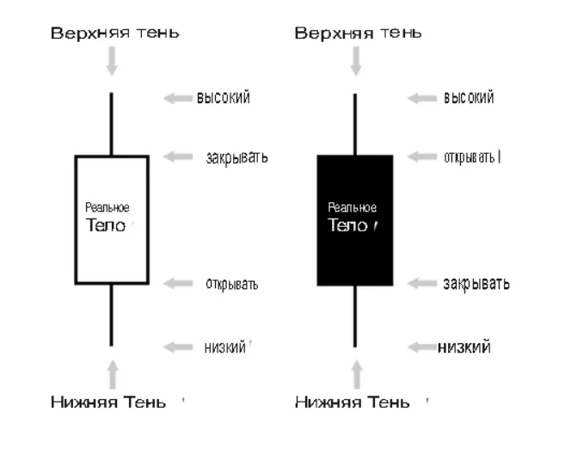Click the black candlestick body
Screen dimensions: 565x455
(355, 220)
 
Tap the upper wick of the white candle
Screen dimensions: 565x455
(111, 124)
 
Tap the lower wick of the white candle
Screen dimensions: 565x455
(111, 315)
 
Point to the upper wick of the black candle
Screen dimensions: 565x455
(355, 125)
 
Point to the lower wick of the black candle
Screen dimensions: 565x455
(355, 317)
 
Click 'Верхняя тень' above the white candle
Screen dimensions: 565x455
(115, 33)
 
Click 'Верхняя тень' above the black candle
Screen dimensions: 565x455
(358, 33)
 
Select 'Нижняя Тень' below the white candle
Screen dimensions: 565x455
(108, 402)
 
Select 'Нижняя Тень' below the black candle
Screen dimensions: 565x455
(353, 402)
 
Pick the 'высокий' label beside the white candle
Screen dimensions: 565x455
(224, 98)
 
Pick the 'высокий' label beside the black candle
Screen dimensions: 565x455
(469, 98)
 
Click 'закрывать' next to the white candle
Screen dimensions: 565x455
(236, 157)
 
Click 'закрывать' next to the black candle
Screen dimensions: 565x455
(476, 284)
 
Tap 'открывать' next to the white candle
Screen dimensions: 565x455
(231, 284)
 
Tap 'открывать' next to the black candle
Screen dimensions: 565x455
(470, 157)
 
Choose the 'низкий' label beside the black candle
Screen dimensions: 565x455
(464, 347)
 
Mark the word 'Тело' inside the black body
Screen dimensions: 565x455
(347, 225)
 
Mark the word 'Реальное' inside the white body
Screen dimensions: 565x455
(107, 207)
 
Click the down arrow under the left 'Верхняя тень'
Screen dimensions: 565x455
(112, 61)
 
